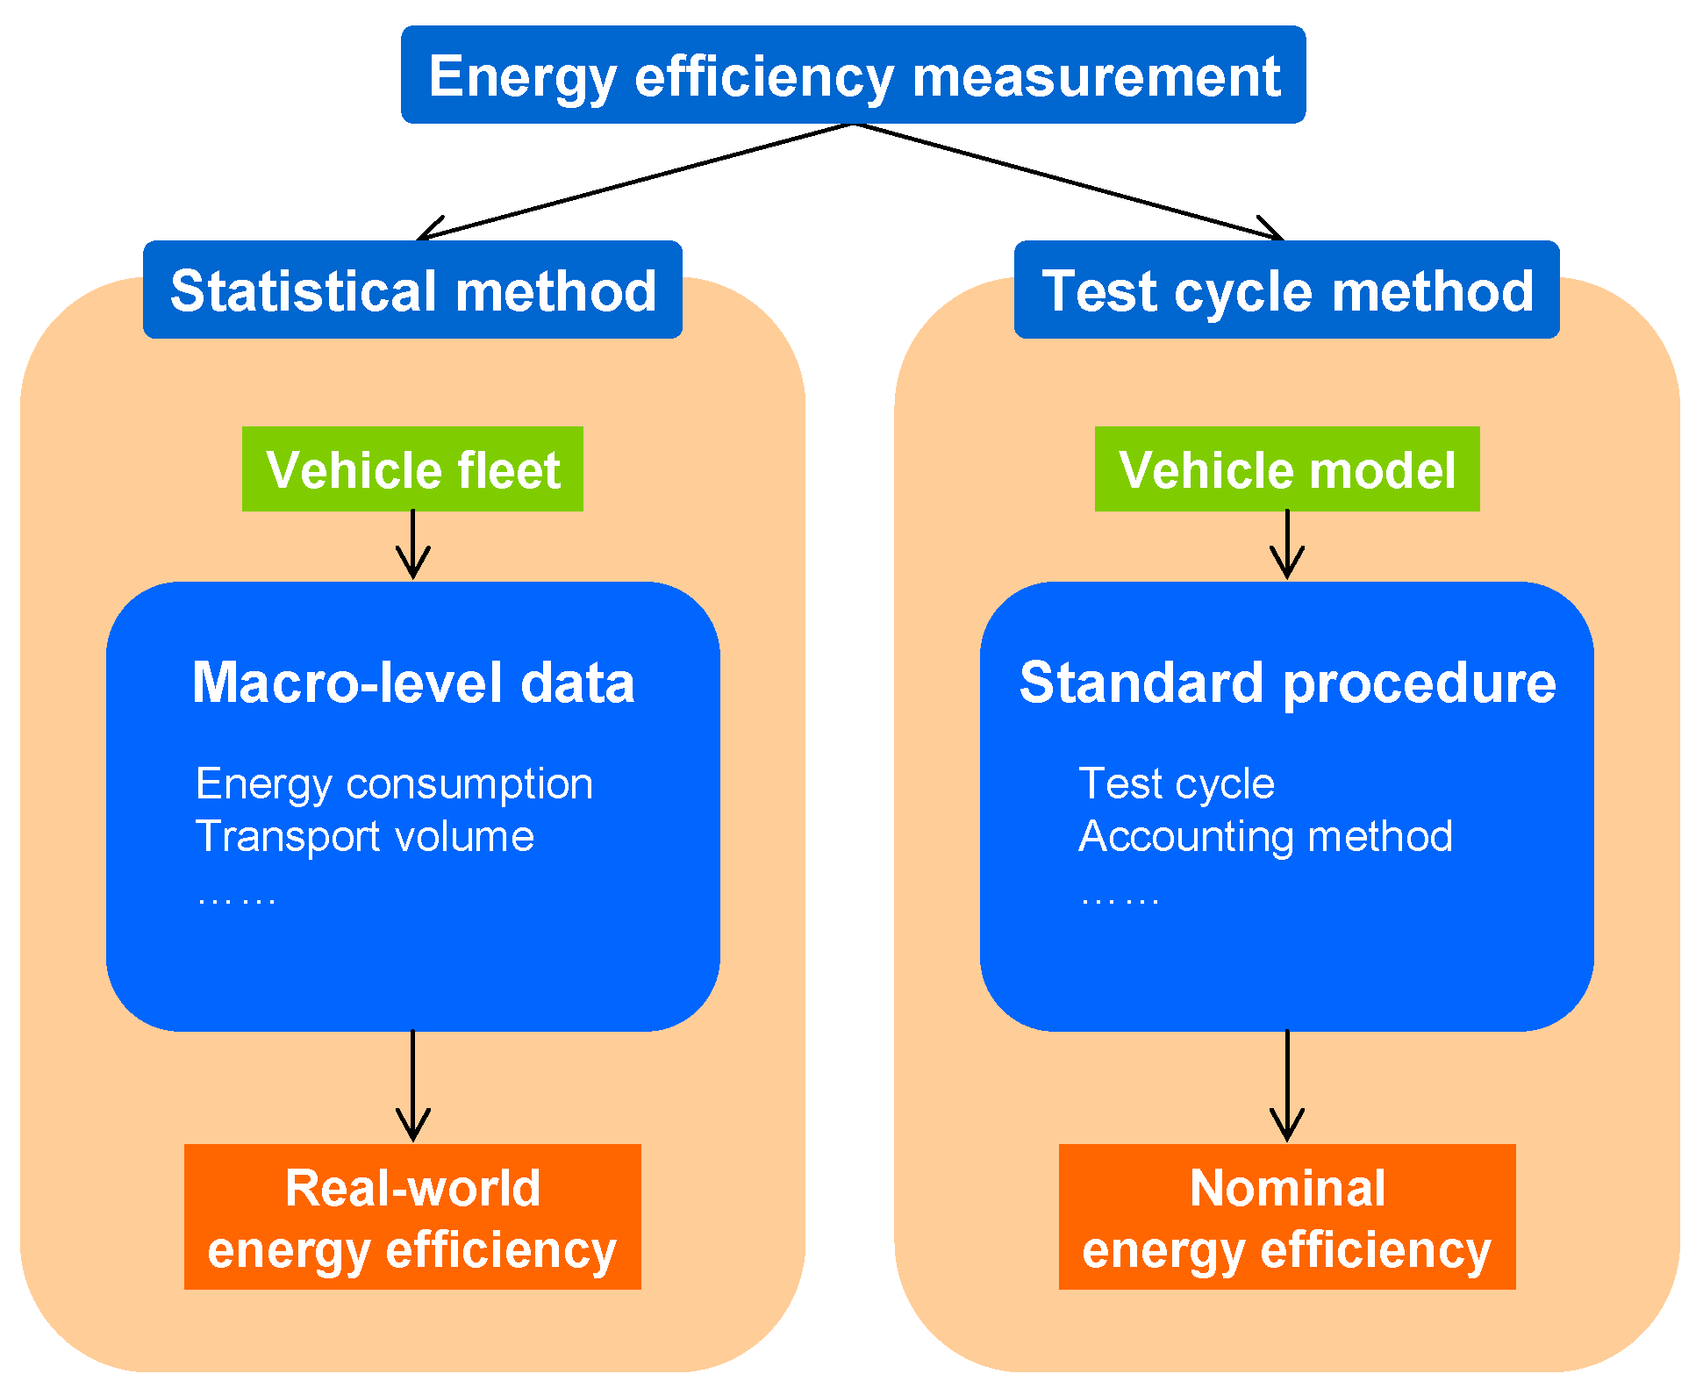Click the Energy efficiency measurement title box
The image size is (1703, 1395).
point(853,75)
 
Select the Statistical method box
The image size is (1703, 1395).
point(412,290)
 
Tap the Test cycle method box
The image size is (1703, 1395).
point(1286,290)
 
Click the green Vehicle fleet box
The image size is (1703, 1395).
point(412,469)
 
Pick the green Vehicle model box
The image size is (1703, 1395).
point(1286,469)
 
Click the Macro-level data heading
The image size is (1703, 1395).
point(412,683)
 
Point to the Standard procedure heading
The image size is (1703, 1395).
point(1286,683)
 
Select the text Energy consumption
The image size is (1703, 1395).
point(394,783)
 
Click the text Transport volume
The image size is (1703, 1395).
point(364,836)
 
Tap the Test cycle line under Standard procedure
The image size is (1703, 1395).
point(1176,783)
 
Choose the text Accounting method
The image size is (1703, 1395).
point(1264,836)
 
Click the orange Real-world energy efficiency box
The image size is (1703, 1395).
point(412,1217)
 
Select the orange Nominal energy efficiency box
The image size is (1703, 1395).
point(1286,1217)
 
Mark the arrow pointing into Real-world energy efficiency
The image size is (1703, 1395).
point(412,1088)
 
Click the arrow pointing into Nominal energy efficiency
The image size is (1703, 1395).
point(1286,1088)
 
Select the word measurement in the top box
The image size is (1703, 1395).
point(1096,76)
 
